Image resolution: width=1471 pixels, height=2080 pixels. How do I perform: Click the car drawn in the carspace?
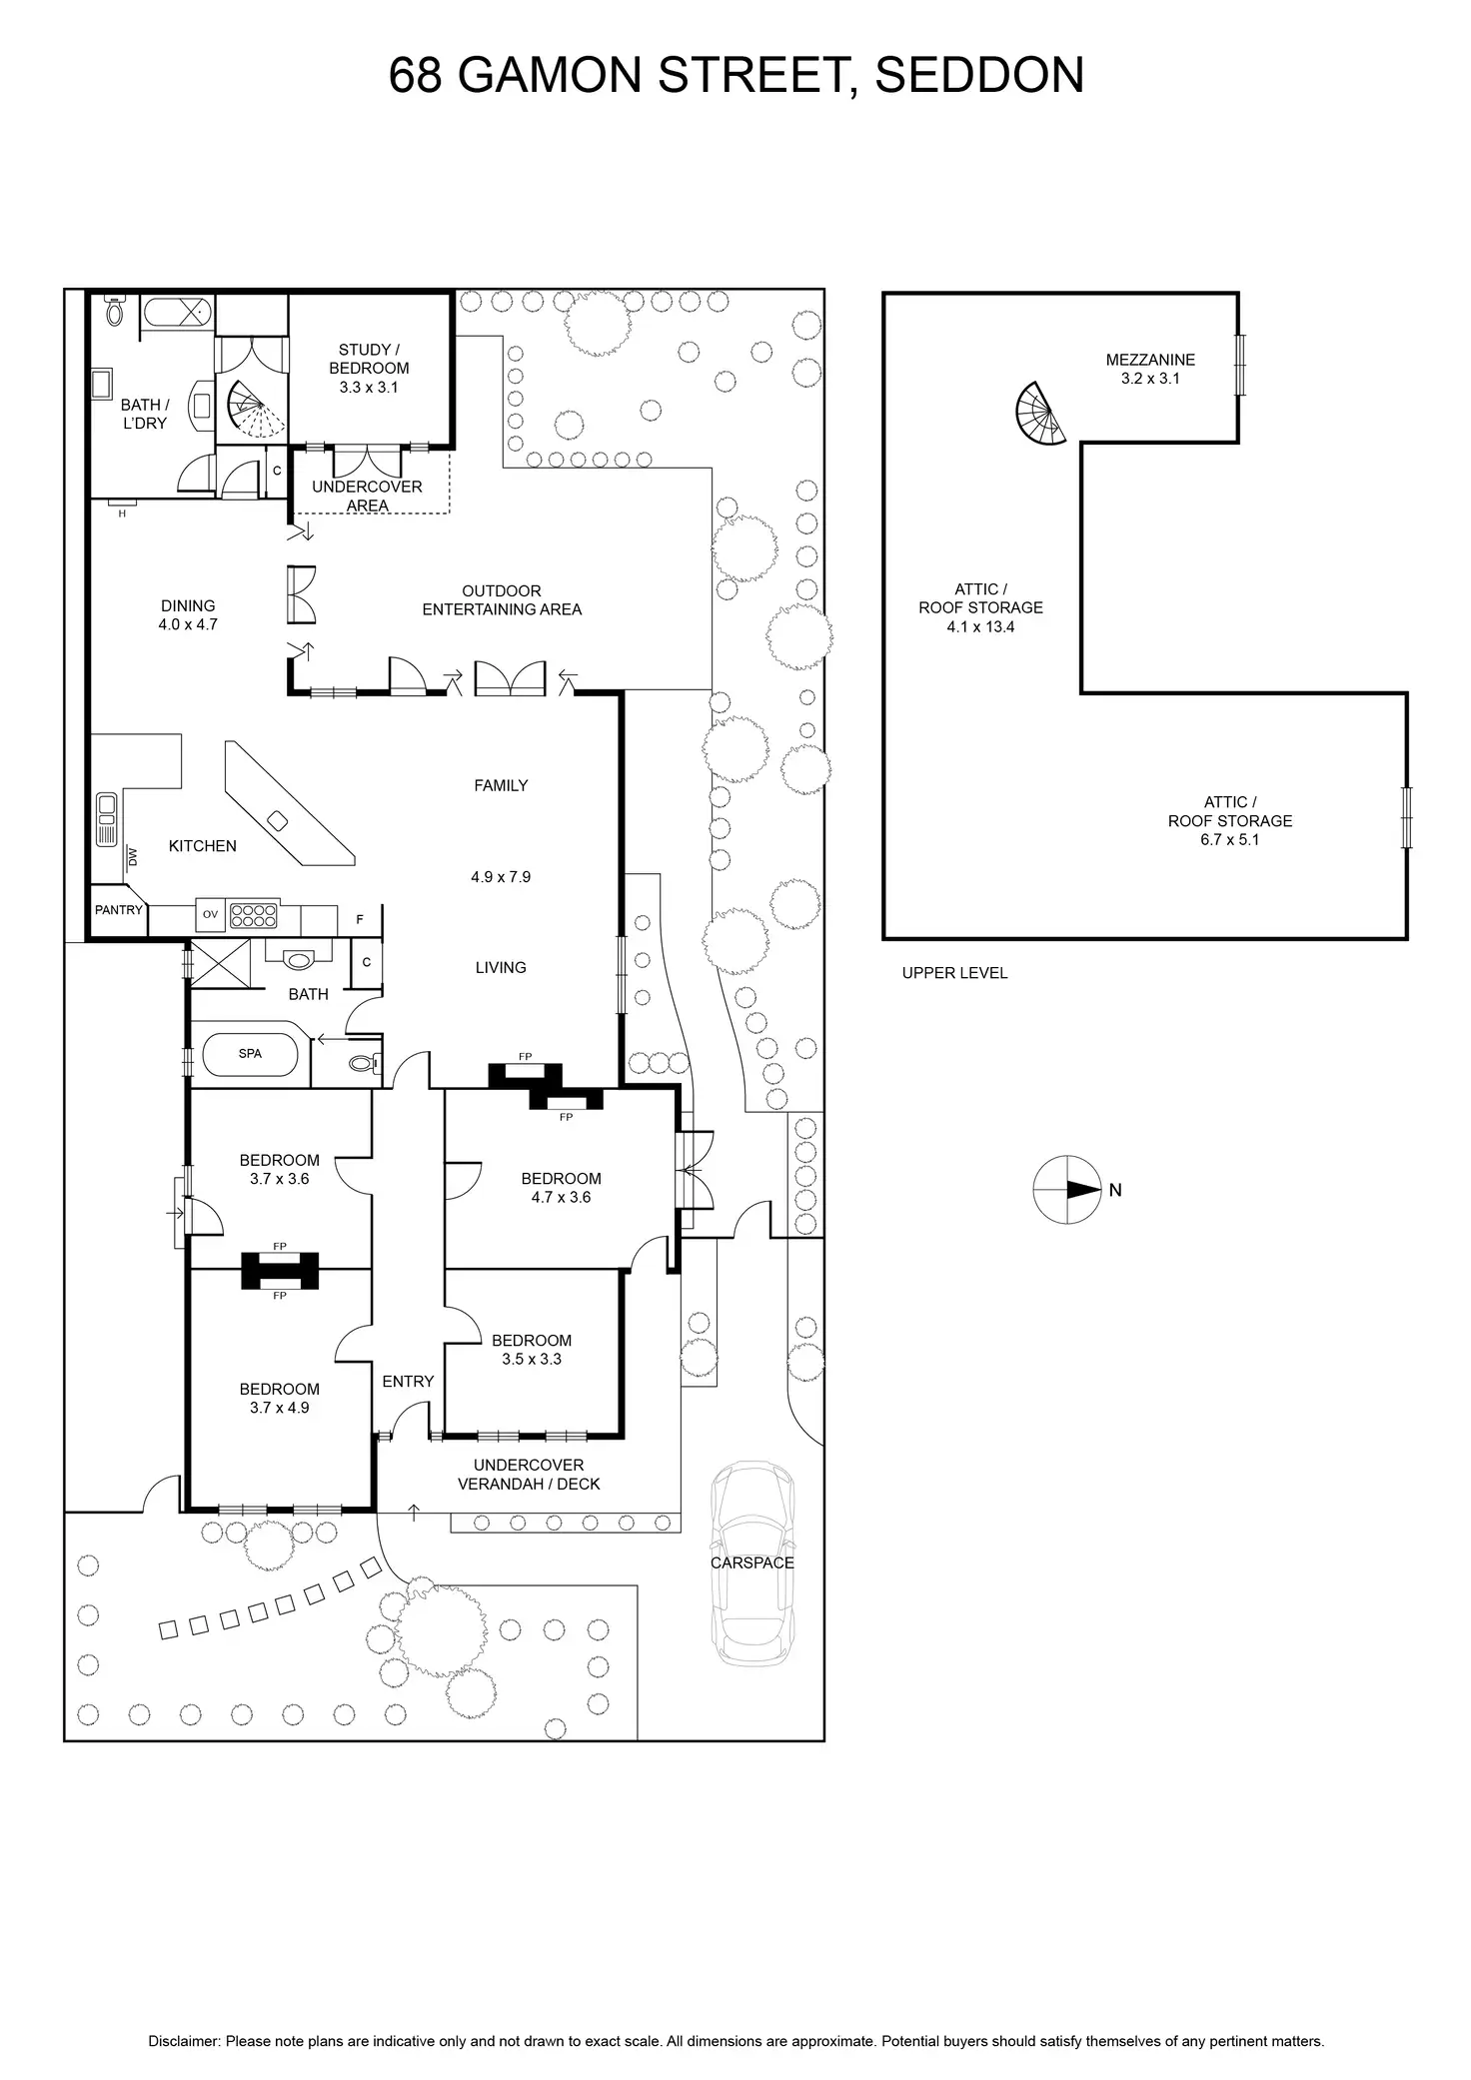click(751, 1562)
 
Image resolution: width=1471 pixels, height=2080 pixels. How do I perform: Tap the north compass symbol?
click(1067, 1190)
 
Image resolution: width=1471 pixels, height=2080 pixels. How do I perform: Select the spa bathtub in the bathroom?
click(250, 1054)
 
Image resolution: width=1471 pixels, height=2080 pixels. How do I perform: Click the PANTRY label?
click(119, 910)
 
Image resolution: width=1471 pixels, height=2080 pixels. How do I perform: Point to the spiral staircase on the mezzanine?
click(1038, 414)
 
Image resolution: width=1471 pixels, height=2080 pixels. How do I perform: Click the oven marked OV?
click(210, 913)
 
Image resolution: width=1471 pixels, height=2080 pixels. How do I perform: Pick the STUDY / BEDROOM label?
click(369, 368)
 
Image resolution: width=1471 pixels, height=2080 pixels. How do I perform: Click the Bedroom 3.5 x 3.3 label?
click(532, 1349)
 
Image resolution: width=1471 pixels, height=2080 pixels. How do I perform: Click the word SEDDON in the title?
click(979, 76)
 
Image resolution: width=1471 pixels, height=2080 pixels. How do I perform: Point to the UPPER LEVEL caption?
click(954, 973)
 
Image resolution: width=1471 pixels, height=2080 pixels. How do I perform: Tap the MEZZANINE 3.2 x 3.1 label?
click(1150, 369)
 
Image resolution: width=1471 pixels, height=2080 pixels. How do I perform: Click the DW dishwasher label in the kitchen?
click(133, 855)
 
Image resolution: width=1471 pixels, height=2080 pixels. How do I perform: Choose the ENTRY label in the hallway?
click(408, 1381)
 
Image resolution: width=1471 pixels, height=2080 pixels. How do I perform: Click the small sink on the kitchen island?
click(279, 820)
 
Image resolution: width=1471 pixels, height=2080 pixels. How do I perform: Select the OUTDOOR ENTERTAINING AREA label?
click(502, 600)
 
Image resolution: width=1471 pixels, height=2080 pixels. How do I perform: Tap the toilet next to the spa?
click(365, 1064)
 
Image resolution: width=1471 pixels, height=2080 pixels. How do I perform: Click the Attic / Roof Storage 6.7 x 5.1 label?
click(1230, 820)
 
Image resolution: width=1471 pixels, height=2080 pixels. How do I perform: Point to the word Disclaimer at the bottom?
click(184, 2013)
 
